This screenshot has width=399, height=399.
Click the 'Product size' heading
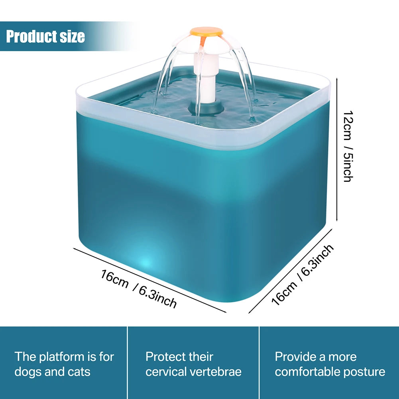click(45, 36)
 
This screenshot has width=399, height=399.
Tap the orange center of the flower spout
click(206, 31)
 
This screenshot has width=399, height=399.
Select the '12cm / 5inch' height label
click(347, 146)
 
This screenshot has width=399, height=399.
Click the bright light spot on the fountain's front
click(146, 262)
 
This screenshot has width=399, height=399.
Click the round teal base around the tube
click(206, 107)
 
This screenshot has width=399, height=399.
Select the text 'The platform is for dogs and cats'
click(64, 364)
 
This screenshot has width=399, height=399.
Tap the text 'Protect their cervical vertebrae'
click(193, 364)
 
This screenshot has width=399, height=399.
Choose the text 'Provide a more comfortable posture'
click(330, 364)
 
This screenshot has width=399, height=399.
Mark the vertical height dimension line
click(338, 149)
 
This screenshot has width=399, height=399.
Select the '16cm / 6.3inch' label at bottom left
click(138, 289)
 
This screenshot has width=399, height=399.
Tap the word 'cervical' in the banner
click(165, 372)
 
